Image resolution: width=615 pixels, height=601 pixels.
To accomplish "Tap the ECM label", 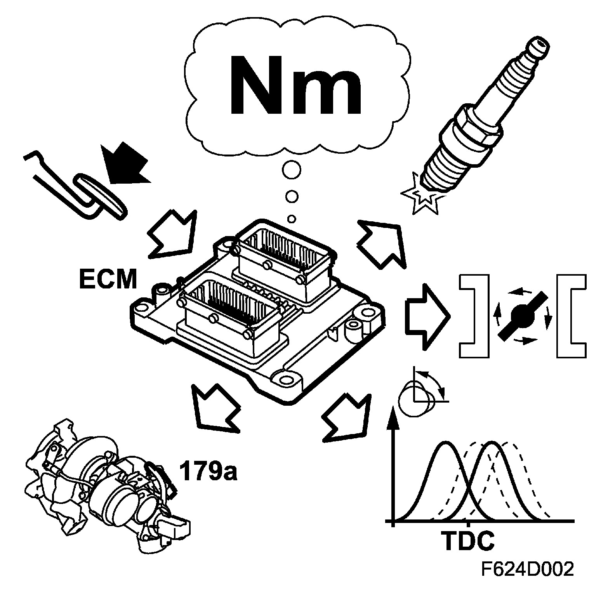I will click(108, 279).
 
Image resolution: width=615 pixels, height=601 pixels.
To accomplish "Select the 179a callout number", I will click(208, 471).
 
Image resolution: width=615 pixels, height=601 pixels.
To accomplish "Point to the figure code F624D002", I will click(527, 570).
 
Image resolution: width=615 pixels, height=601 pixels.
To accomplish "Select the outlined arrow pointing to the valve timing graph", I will click(344, 417).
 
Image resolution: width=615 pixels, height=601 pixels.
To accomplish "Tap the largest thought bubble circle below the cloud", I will click(291, 170).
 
